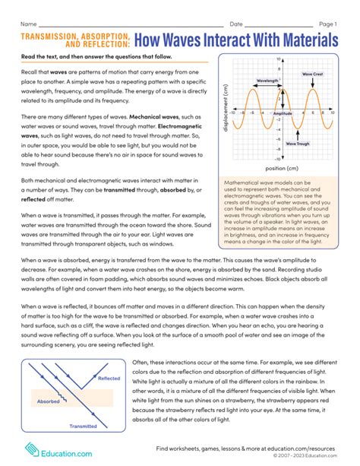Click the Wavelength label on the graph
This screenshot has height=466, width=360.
[x=266, y=80]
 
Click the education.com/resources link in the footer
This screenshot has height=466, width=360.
[x=306, y=449]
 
